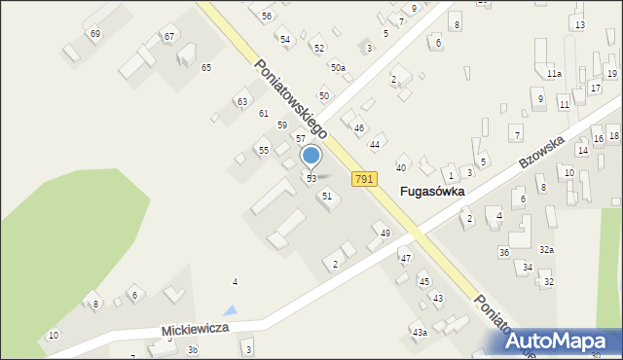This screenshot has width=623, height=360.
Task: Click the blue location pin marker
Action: click(x=311, y=157)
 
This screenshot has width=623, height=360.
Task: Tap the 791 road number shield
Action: click(x=363, y=179)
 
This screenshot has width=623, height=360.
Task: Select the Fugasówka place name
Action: click(x=432, y=192)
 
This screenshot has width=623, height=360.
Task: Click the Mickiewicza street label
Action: click(x=196, y=330)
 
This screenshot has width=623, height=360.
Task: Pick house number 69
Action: click(x=94, y=34)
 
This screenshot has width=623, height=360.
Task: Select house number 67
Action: click(x=169, y=37)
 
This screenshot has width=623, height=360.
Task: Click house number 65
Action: click(x=206, y=67)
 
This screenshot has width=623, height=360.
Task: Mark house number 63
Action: click(x=242, y=101)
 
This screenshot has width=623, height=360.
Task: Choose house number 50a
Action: click(x=337, y=67)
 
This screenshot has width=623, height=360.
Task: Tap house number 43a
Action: click(x=420, y=333)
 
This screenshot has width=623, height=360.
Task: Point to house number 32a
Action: click(x=546, y=250)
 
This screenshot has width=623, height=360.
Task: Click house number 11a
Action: click(x=553, y=74)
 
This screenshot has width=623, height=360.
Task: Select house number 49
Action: click(x=385, y=233)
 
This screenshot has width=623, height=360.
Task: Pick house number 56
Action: click(x=267, y=17)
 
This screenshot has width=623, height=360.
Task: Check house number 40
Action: click(x=400, y=167)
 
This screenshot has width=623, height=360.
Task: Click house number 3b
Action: click(x=193, y=349)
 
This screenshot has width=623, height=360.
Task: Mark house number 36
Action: click(x=503, y=252)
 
